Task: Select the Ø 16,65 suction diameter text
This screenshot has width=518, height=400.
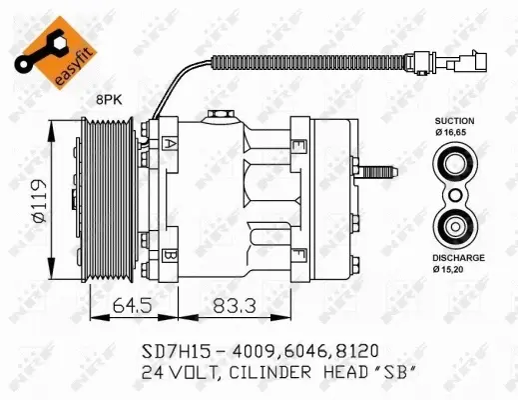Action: coord(453,132)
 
